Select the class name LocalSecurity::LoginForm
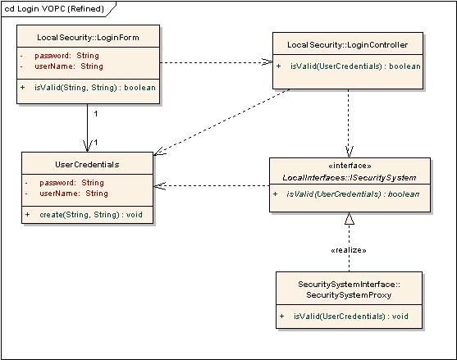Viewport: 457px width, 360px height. point(87,38)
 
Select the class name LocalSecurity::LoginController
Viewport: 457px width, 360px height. point(347,43)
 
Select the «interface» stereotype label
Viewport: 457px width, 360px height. point(350,165)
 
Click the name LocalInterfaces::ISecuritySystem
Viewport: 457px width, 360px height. point(350,177)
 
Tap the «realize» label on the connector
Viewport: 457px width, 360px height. point(348,249)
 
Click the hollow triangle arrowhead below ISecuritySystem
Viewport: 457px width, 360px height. point(349,219)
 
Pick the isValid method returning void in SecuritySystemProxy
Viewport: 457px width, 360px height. point(349,316)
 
